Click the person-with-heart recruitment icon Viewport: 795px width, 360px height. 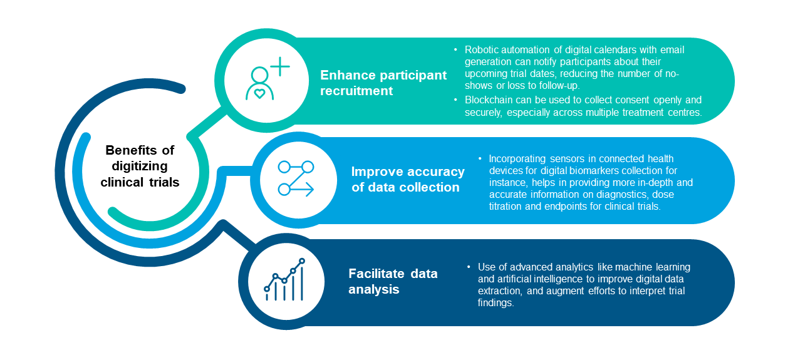coord(268,79)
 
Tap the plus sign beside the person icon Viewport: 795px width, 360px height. coord(280,66)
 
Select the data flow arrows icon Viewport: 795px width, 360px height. coord(296,178)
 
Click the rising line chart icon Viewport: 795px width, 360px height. coord(284,279)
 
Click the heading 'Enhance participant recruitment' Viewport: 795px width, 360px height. coord(383,83)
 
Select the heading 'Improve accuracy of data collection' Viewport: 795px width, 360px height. coord(408,179)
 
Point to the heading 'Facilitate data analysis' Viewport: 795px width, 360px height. coord(393,281)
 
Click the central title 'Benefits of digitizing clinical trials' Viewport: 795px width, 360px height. coord(140,166)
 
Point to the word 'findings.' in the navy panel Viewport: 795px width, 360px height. coord(496,303)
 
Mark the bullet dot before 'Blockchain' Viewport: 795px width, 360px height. coord(455,100)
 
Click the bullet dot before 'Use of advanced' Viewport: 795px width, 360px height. coord(469,267)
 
